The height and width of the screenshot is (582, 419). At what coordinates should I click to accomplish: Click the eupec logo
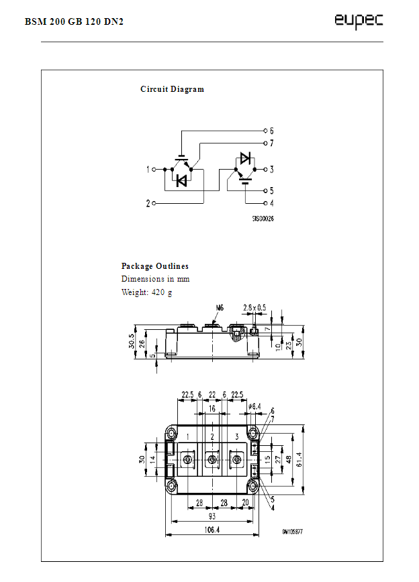pyautogui.click(x=359, y=21)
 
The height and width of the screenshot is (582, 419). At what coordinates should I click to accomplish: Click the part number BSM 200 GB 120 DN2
pyautogui.click(x=75, y=21)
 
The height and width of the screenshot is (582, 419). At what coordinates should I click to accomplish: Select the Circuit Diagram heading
pyautogui.click(x=172, y=89)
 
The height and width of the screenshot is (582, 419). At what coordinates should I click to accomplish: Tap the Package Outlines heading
pyautogui.click(x=154, y=266)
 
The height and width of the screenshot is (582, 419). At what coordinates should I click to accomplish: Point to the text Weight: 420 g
pyautogui.click(x=146, y=292)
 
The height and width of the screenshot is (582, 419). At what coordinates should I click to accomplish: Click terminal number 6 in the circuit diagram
pyautogui.click(x=271, y=130)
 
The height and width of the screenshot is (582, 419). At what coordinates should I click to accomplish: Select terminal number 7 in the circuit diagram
pyautogui.click(x=271, y=143)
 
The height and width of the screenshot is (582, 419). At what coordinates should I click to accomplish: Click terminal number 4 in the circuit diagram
pyautogui.click(x=271, y=202)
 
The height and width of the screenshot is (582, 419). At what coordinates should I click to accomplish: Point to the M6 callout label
pyautogui.click(x=220, y=308)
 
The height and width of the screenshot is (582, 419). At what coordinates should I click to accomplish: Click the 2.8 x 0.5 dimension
pyautogui.click(x=254, y=308)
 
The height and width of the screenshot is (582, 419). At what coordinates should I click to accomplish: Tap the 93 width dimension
pyautogui.click(x=212, y=516)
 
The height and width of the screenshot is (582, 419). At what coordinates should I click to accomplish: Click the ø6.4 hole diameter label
pyautogui.click(x=255, y=406)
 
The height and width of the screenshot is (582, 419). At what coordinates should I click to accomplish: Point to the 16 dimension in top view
pyautogui.click(x=212, y=408)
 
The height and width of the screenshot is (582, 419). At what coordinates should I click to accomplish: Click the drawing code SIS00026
pyautogui.click(x=263, y=219)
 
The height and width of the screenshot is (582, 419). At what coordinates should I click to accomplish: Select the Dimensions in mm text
pyautogui.click(x=155, y=279)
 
